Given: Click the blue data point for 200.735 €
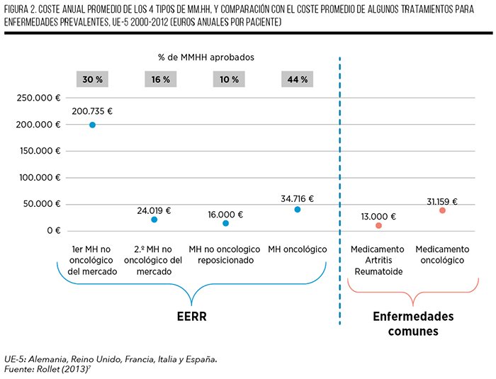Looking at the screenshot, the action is (92, 125).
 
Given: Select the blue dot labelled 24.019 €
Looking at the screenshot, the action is (154, 220).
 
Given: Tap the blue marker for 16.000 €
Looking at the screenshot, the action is (225, 223).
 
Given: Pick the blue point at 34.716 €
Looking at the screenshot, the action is (298, 210).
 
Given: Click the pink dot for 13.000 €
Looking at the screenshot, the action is (378, 225).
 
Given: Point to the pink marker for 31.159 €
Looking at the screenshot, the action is (442, 210).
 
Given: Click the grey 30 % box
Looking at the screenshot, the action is (92, 79).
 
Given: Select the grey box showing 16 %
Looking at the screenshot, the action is (161, 79).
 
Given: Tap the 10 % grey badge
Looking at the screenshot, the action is (229, 79).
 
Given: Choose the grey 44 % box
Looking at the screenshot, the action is (298, 79).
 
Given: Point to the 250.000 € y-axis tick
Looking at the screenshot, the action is (38, 98).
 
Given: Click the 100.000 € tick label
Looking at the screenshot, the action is (40, 178).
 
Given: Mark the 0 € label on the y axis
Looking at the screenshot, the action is (54, 231).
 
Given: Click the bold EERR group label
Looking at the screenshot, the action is (192, 317).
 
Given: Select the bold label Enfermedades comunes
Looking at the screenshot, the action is (413, 324).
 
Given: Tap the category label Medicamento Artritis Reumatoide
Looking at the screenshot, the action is (378, 261).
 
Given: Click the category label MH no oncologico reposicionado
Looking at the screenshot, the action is (225, 254).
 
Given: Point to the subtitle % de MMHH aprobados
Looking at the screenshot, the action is (206, 57).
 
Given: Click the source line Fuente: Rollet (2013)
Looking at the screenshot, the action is (47, 369).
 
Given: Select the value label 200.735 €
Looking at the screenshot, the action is (92, 111).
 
